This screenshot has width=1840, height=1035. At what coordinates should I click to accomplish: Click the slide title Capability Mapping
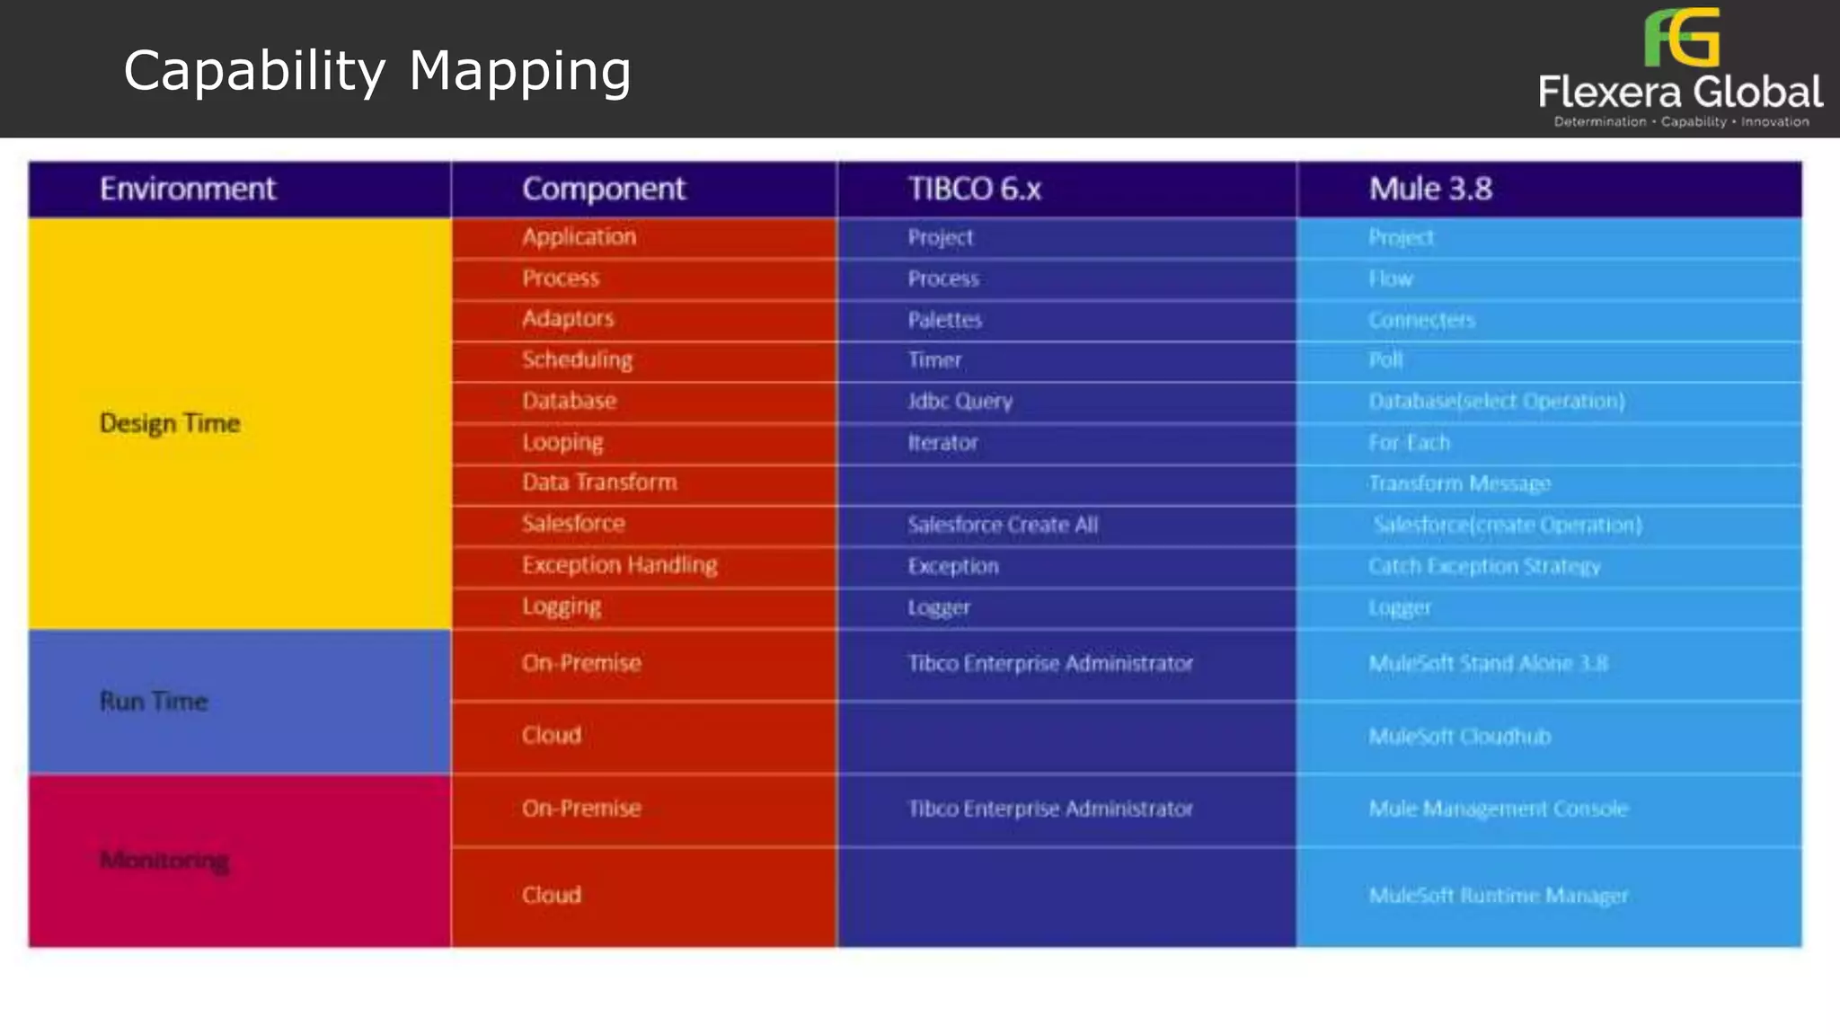pyautogui.click(x=377, y=71)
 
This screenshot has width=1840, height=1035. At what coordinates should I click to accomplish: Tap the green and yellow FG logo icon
pyautogui.click(x=1681, y=38)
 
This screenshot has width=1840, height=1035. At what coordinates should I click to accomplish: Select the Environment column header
pyautogui.click(x=188, y=189)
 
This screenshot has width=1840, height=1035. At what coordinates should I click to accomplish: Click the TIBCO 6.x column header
pyautogui.click(x=974, y=189)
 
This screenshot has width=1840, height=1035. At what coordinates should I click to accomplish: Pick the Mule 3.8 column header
pyautogui.click(x=1430, y=189)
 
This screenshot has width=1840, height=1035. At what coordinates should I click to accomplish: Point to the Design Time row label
pyautogui.click(x=170, y=423)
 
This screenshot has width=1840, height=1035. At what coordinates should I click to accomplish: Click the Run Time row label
pyautogui.click(x=154, y=702)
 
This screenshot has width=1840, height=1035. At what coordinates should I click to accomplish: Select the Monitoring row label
pyautogui.click(x=164, y=861)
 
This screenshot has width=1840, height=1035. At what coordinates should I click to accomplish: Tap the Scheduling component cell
pyautogui.click(x=577, y=359)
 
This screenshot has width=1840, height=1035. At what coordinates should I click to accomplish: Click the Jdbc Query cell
pyautogui.click(x=960, y=401)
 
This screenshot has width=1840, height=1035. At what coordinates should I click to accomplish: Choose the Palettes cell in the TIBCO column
pyautogui.click(x=944, y=320)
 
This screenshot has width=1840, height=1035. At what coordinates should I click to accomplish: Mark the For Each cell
pyautogui.click(x=1409, y=442)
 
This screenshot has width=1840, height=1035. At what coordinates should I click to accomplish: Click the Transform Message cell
pyautogui.click(x=1459, y=483)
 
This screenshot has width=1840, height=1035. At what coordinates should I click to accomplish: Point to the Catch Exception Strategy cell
pyautogui.click(x=1484, y=566)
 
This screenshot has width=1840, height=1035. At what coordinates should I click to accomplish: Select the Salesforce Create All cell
pyautogui.click(x=1003, y=525)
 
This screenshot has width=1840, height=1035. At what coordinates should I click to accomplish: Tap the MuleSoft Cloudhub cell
pyautogui.click(x=1459, y=737)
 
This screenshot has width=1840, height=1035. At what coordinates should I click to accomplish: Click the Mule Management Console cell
pyautogui.click(x=1498, y=809)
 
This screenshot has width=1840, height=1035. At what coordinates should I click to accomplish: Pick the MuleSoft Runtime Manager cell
pyautogui.click(x=1498, y=896)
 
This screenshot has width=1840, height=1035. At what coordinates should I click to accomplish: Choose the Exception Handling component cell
pyautogui.click(x=619, y=565)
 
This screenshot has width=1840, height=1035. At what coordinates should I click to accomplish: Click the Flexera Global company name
pyautogui.click(x=1680, y=93)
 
